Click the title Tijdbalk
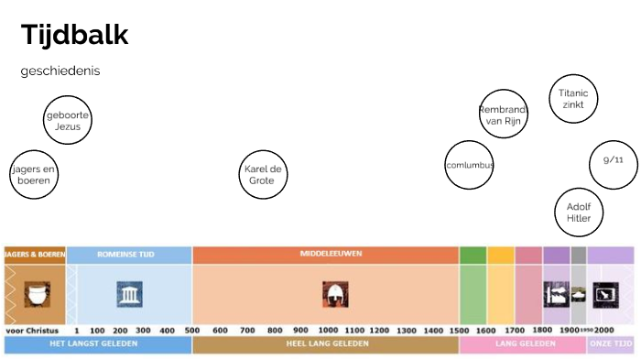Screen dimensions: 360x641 click(x=75, y=36)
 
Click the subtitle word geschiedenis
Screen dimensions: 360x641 click(x=60, y=71)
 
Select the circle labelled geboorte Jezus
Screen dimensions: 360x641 click(x=68, y=121)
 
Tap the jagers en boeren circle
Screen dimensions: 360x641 click(x=34, y=174)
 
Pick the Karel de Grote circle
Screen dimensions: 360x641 click(x=262, y=174)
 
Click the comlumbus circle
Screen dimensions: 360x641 click(x=469, y=165)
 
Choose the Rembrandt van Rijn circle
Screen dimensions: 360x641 click(x=504, y=115)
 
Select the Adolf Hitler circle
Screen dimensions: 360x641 click(x=579, y=213)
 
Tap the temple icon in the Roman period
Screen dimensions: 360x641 click(x=129, y=293)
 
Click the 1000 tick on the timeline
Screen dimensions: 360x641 click(x=328, y=330)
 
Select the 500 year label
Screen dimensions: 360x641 click(x=191, y=330)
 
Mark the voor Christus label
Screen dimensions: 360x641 click(x=31, y=330)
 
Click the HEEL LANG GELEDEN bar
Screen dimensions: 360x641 click(x=325, y=344)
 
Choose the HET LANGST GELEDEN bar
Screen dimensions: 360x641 click(x=98, y=344)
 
